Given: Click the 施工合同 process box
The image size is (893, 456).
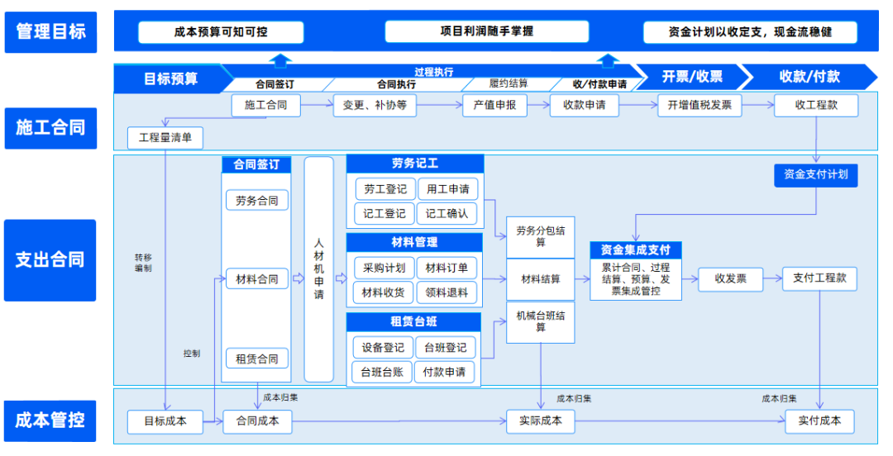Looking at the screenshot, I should pyautogui.click(x=265, y=106).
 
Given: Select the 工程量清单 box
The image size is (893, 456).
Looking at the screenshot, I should pyautogui.click(x=165, y=137).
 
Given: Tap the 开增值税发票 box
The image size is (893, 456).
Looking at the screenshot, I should pyautogui.click(x=700, y=106).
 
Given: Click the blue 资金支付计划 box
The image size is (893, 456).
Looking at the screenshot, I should pyautogui.click(x=815, y=174).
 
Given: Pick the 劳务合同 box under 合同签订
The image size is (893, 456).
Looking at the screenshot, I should pyautogui.click(x=256, y=201).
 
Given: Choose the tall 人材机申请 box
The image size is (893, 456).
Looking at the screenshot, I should pyautogui.click(x=319, y=269).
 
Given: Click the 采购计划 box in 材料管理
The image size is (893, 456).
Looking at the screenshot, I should pyautogui.click(x=384, y=268).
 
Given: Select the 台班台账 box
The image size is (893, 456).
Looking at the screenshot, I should pyautogui.click(x=381, y=372).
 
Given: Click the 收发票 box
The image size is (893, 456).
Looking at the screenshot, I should pyautogui.click(x=730, y=279).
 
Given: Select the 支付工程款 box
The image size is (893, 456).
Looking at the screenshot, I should pyautogui.click(x=819, y=278).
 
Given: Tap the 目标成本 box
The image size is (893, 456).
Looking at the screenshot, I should pyautogui.click(x=165, y=421).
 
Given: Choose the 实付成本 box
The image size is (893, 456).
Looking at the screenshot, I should pyautogui.click(x=819, y=420).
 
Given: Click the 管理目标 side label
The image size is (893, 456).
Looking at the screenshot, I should pyautogui.click(x=50, y=32).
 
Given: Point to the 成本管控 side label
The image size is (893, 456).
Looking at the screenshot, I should pyautogui.click(x=50, y=420).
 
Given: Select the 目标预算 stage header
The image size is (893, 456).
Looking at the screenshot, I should pyautogui.click(x=170, y=78).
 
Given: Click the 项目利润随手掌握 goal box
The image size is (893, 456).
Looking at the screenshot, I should pyautogui.click(x=486, y=31).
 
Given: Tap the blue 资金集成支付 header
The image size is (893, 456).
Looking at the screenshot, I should pyautogui.click(x=635, y=249).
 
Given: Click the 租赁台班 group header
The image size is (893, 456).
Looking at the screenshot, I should pyautogui.click(x=413, y=321).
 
